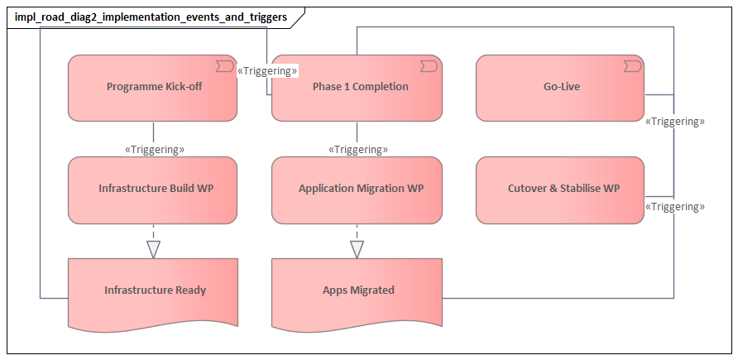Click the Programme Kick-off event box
point(153,88)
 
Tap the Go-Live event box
point(561,87)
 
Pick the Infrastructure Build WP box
point(153,190)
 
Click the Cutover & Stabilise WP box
point(561,190)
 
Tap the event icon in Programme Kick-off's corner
point(224,65)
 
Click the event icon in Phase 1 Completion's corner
point(428,65)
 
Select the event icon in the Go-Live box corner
point(632,65)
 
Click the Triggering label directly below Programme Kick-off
point(154,150)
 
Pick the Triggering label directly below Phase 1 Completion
point(358,150)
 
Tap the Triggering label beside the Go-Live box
point(674,122)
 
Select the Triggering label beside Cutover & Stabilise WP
point(674,207)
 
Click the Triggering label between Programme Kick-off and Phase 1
point(267,71)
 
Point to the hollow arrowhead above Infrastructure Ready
point(153,248)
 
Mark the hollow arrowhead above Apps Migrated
point(357,248)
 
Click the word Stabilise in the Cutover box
point(578,189)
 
